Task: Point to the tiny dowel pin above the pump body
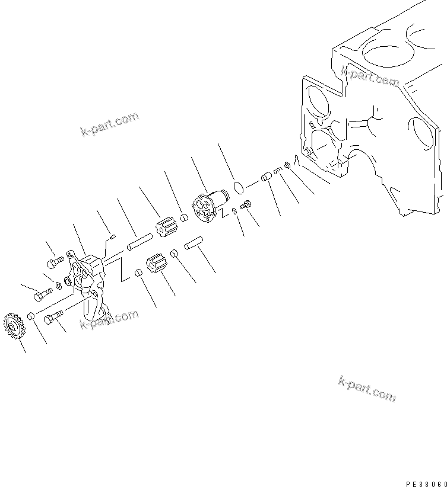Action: (x=112, y=237)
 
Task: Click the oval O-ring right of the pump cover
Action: (x=239, y=188)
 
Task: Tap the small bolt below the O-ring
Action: (x=248, y=204)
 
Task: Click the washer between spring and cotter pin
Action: (x=287, y=165)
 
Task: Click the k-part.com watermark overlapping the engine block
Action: (x=369, y=76)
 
